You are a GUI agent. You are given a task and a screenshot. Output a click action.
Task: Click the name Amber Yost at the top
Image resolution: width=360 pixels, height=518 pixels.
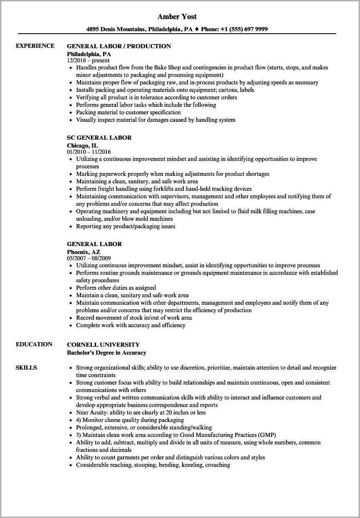pyautogui.click(x=177, y=17)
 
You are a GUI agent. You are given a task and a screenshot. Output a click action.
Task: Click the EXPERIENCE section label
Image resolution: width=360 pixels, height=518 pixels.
pyautogui.click(x=35, y=46)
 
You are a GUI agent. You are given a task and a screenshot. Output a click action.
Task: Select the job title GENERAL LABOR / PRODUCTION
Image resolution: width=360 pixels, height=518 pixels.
pyautogui.click(x=119, y=46)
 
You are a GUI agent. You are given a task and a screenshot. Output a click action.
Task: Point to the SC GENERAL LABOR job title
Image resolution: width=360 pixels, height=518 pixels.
pyautogui.click(x=99, y=138)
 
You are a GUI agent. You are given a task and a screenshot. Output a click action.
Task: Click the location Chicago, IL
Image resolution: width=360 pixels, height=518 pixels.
pyautogui.click(x=82, y=145)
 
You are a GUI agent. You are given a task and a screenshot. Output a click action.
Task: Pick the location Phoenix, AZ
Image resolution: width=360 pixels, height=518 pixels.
pyautogui.click(x=84, y=252)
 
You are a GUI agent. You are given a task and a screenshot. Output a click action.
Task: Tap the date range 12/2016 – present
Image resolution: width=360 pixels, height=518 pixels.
pyautogui.click(x=88, y=60)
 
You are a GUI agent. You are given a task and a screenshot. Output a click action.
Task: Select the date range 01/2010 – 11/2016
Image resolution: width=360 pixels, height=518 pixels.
pyautogui.click(x=89, y=152)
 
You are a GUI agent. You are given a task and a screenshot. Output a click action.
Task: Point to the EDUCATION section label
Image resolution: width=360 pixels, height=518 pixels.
pyautogui.click(x=34, y=344)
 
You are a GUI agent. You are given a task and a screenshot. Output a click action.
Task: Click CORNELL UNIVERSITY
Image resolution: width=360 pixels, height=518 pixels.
pyautogui.click(x=103, y=345)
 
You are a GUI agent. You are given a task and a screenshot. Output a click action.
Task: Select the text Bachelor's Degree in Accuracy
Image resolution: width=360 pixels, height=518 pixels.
pyautogui.click(x=106, y=353)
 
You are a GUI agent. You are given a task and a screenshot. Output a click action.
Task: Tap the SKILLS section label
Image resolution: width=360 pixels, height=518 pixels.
pyautogui.click(x=26, y=368)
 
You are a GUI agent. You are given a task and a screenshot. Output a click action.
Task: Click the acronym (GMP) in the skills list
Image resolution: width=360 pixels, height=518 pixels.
pyautogui.click(x=267, y=435)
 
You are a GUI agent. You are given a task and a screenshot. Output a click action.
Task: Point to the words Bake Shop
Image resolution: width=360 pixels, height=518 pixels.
pyautogui.click(x=168, y=67)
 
